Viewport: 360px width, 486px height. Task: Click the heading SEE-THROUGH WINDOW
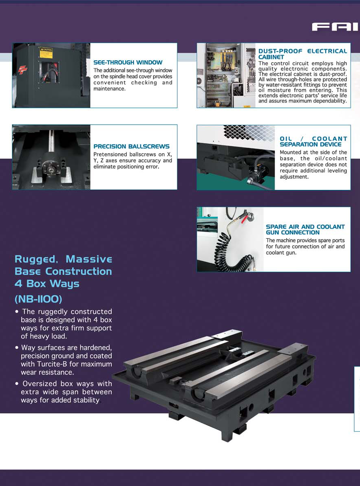(128, 62)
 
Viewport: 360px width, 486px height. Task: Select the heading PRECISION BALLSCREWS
(131, 146)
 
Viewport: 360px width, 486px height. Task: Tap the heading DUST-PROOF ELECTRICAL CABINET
(303, 54)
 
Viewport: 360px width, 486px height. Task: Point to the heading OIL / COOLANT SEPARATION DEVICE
(313, 141)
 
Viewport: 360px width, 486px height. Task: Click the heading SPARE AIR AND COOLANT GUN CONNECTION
(305, 229)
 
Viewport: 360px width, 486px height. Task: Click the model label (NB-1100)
(38, 299)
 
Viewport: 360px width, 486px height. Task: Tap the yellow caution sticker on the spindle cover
(46, 53)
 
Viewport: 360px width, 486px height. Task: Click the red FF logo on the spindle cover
(22, 70)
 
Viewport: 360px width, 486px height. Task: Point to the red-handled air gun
(245, 216)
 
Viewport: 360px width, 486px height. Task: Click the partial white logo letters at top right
(335, 27)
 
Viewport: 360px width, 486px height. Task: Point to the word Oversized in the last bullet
(40, 384)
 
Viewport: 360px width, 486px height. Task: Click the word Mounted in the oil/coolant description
(291, 152)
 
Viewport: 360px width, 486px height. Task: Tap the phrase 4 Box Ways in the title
(47, 284)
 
